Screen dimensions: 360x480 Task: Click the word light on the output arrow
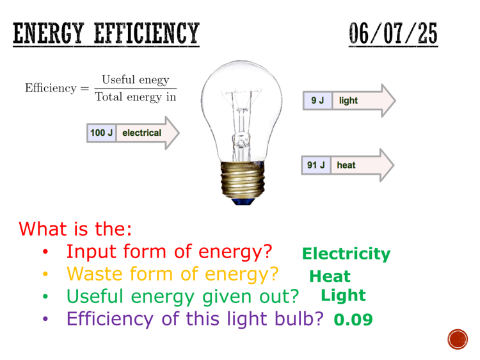click(349, 101)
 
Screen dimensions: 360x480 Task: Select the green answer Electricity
click(346, 254)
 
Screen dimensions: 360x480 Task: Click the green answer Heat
click(330, 276)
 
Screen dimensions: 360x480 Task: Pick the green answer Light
click(342, 295)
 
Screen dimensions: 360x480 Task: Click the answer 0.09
click(353, 318)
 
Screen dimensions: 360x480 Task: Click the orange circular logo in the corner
click(458, 339)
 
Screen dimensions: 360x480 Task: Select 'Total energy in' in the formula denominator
click(135, 97)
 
